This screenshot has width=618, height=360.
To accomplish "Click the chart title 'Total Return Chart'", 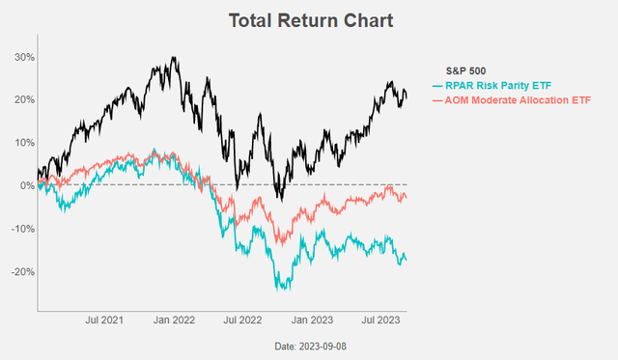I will pyautogui.click(x=309, y=19).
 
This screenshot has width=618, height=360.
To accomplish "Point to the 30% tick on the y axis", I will pyautogui.click(x=22, y=57).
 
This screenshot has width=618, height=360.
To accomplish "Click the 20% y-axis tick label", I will pyautogui.click(x=22, y=99).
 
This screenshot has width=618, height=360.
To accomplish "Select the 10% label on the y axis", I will pyautogui.click(x=22, y=143).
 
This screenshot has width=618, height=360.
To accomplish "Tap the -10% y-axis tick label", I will pyautogui.click(x=20, y=229).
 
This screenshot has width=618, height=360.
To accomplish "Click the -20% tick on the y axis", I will pyautogui.click(x=20, y=271).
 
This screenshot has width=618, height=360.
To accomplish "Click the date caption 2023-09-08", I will pyautogui.click(x=309, y=346).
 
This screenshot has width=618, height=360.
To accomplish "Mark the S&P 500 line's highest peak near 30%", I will pyautogui.click(x=174, y=58).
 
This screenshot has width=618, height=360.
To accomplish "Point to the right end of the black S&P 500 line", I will pyautogui.click(x=407, y=97).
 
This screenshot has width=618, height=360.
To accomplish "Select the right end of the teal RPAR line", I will pyautogui.click(x=407, y=260).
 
